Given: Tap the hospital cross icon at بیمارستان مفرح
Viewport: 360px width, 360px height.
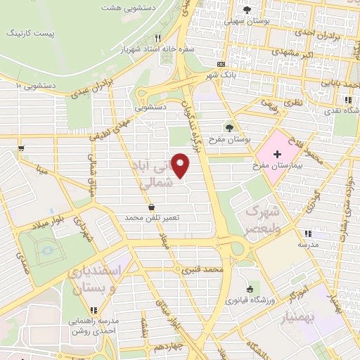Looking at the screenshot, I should click(x=277, y=153).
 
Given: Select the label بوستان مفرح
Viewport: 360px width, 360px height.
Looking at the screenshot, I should click(x=229, y=139).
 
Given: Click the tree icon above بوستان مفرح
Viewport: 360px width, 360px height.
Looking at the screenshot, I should click(x=229, y=127).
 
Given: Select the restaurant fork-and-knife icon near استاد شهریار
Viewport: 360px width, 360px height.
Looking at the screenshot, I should click(x=159, y=38).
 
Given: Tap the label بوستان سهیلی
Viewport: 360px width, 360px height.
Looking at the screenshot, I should click(x=247, y=21).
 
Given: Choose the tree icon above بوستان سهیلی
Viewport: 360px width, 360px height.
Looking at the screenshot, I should click(x=246, y=9).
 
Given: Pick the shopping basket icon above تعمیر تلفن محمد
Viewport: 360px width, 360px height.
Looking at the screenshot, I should click(x=153, y=207).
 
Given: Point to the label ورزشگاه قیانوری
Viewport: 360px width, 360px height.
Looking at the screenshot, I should click(x=249, y=300).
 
